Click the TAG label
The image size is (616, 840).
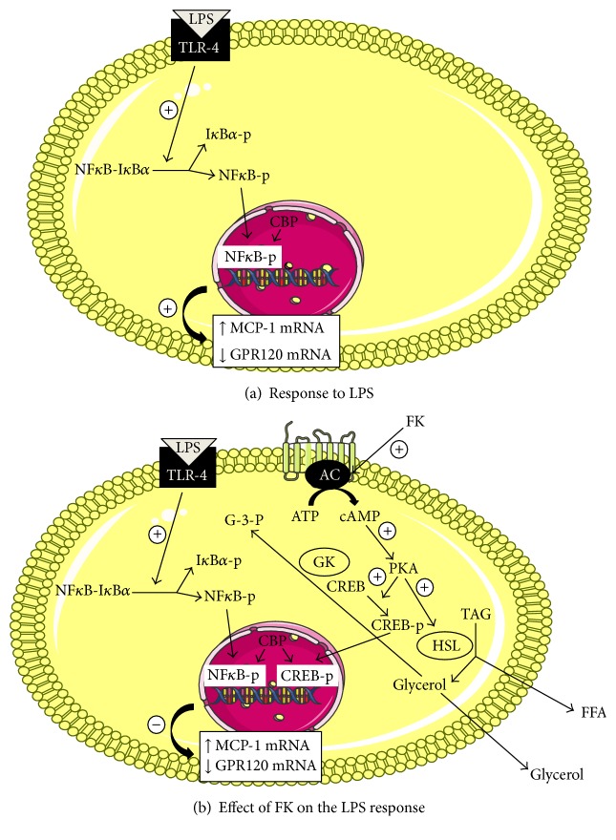pos(476,615)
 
